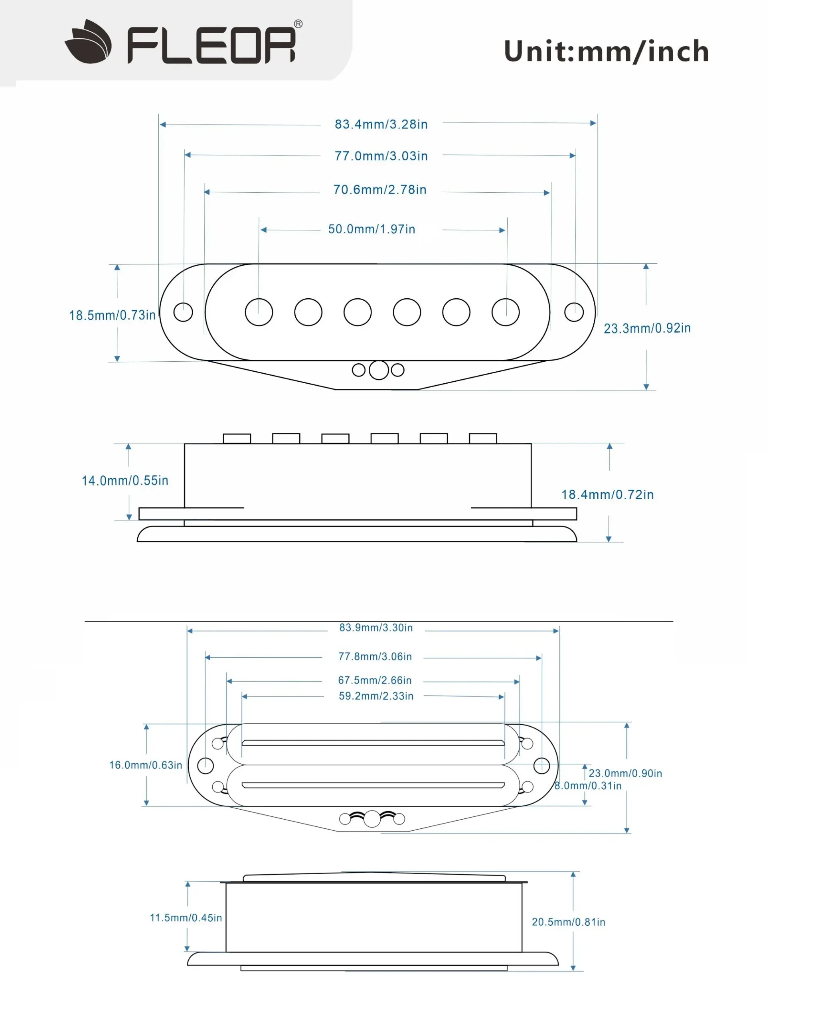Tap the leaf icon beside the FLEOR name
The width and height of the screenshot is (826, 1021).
[x=89, y=43]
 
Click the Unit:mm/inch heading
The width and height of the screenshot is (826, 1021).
[x=606, y=51]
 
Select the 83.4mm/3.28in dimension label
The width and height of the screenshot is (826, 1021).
[x=381, y=124]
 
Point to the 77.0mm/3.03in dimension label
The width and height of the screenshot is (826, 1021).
[x=381, y=156]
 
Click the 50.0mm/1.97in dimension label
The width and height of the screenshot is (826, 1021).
[x=372, y=229]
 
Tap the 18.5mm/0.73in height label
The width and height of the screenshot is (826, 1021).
[x=112, y=315]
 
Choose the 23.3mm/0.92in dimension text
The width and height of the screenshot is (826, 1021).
[x=647, y=328]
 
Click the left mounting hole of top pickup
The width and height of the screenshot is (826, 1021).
[x=183, y=312]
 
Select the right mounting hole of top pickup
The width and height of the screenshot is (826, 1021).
[x=574, y=312]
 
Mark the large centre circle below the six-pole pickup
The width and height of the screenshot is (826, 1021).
[x=379, y=370]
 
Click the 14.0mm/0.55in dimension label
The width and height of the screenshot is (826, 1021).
[x=125, y=481]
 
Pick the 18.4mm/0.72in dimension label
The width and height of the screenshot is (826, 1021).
[x=608, y=495]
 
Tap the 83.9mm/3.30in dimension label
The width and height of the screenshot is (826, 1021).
[x=376, y=628]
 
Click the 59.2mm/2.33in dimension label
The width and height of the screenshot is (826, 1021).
[x=376, y=696]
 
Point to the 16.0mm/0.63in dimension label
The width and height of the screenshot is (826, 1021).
[x=146, y=765]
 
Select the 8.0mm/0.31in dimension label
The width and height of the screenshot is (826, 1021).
[x=588, y=786]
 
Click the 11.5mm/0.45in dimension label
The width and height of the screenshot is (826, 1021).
[x=186, y=918]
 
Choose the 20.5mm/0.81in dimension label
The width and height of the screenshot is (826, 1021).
[x=569, y=922]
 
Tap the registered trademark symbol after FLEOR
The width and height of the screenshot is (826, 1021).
[x=298, y=24]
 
